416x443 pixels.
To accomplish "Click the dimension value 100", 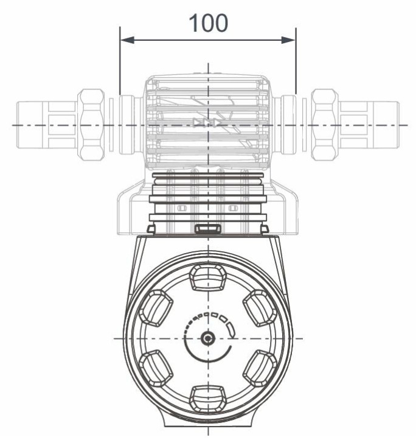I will [208, 23].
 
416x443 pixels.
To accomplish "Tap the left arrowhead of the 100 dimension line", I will [123, 41].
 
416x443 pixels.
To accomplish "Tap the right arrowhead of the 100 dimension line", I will [292, 41].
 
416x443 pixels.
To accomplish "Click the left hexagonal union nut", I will [92, 125].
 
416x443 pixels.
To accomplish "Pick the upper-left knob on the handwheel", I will [156, 307].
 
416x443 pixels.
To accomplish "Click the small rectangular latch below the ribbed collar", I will [208, 228].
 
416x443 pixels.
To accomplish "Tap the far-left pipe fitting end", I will [30, 125].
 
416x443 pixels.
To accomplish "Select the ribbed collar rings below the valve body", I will [208, 189].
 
